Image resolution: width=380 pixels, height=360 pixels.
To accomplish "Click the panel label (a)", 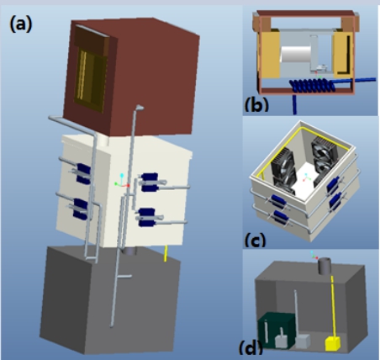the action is [x=21, y=24].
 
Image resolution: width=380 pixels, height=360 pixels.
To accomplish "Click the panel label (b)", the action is [x=256, y=104].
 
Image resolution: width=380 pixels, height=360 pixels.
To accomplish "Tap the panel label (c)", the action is [x=255, y=240].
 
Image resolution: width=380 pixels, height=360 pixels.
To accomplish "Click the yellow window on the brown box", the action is [x=90, y=80].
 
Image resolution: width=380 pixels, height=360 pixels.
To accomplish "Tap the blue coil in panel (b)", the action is [x=312, y=85].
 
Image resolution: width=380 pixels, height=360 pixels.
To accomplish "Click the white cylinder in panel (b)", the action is [x=295, y=55].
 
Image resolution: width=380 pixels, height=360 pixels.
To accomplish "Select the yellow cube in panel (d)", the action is [x=333, y=343].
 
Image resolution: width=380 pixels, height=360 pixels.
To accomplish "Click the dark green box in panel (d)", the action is [x=276, y=330].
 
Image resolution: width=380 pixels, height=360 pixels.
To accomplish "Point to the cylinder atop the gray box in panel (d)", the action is [x=325, y=266].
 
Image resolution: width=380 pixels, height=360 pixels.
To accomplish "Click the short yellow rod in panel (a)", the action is [x=166, y=253].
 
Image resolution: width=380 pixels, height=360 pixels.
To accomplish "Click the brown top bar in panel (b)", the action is [x=305, y=13].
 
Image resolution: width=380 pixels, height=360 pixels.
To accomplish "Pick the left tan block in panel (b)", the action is [x=268, y=54].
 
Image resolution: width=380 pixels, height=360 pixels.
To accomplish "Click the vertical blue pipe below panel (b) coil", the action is [x=294, y=104].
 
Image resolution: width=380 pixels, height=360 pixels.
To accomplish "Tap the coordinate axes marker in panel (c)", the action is [x=306, y=177].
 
